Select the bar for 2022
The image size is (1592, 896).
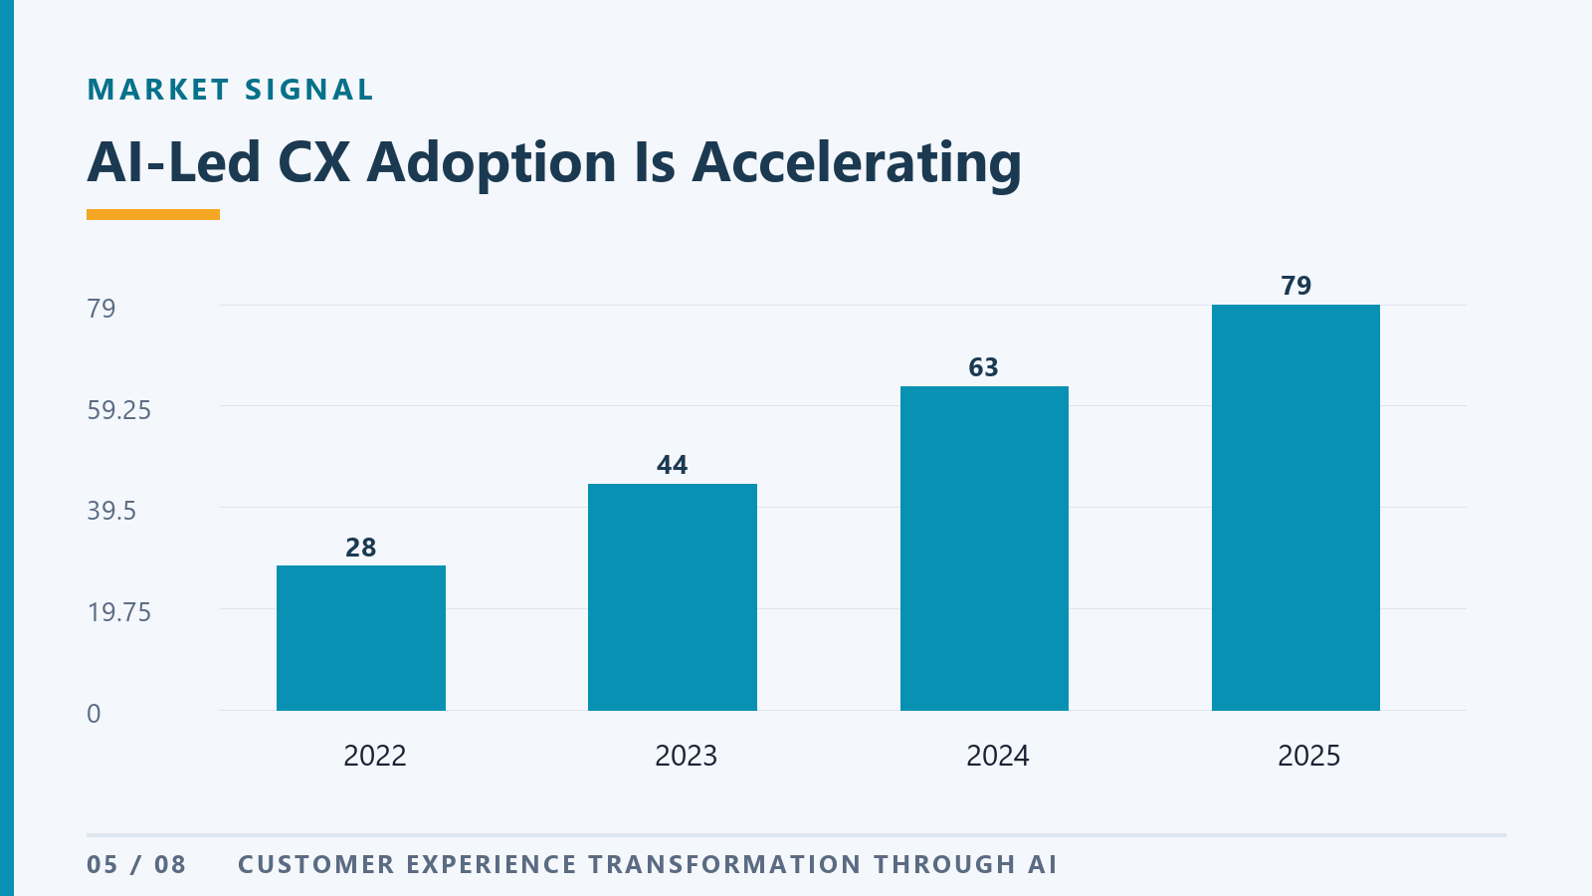coord(361,638)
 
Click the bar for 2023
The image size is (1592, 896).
coord(673,597)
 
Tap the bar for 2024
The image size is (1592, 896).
coord(984,549)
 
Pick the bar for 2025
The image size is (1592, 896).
coord(1295,508)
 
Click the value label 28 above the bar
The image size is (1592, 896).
coord(361,548)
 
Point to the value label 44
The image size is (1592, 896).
coord(673,465)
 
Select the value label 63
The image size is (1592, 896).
coord(984,367)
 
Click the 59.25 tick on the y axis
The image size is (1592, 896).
coord(118,410)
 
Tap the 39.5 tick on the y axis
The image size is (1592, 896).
coord(111,511)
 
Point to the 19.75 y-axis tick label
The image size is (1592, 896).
coord(118,612)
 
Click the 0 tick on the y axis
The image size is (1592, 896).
coord(94,714)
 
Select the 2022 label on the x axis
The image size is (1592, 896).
coord(374,756)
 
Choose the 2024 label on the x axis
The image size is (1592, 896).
coord(997,756)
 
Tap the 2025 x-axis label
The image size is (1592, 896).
coord(1308,756)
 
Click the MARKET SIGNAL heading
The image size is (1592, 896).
coord(230,90)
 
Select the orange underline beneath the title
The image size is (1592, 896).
coord(153,215)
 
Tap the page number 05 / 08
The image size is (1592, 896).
coord(136,865)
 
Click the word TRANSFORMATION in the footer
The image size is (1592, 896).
coord(725,865)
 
